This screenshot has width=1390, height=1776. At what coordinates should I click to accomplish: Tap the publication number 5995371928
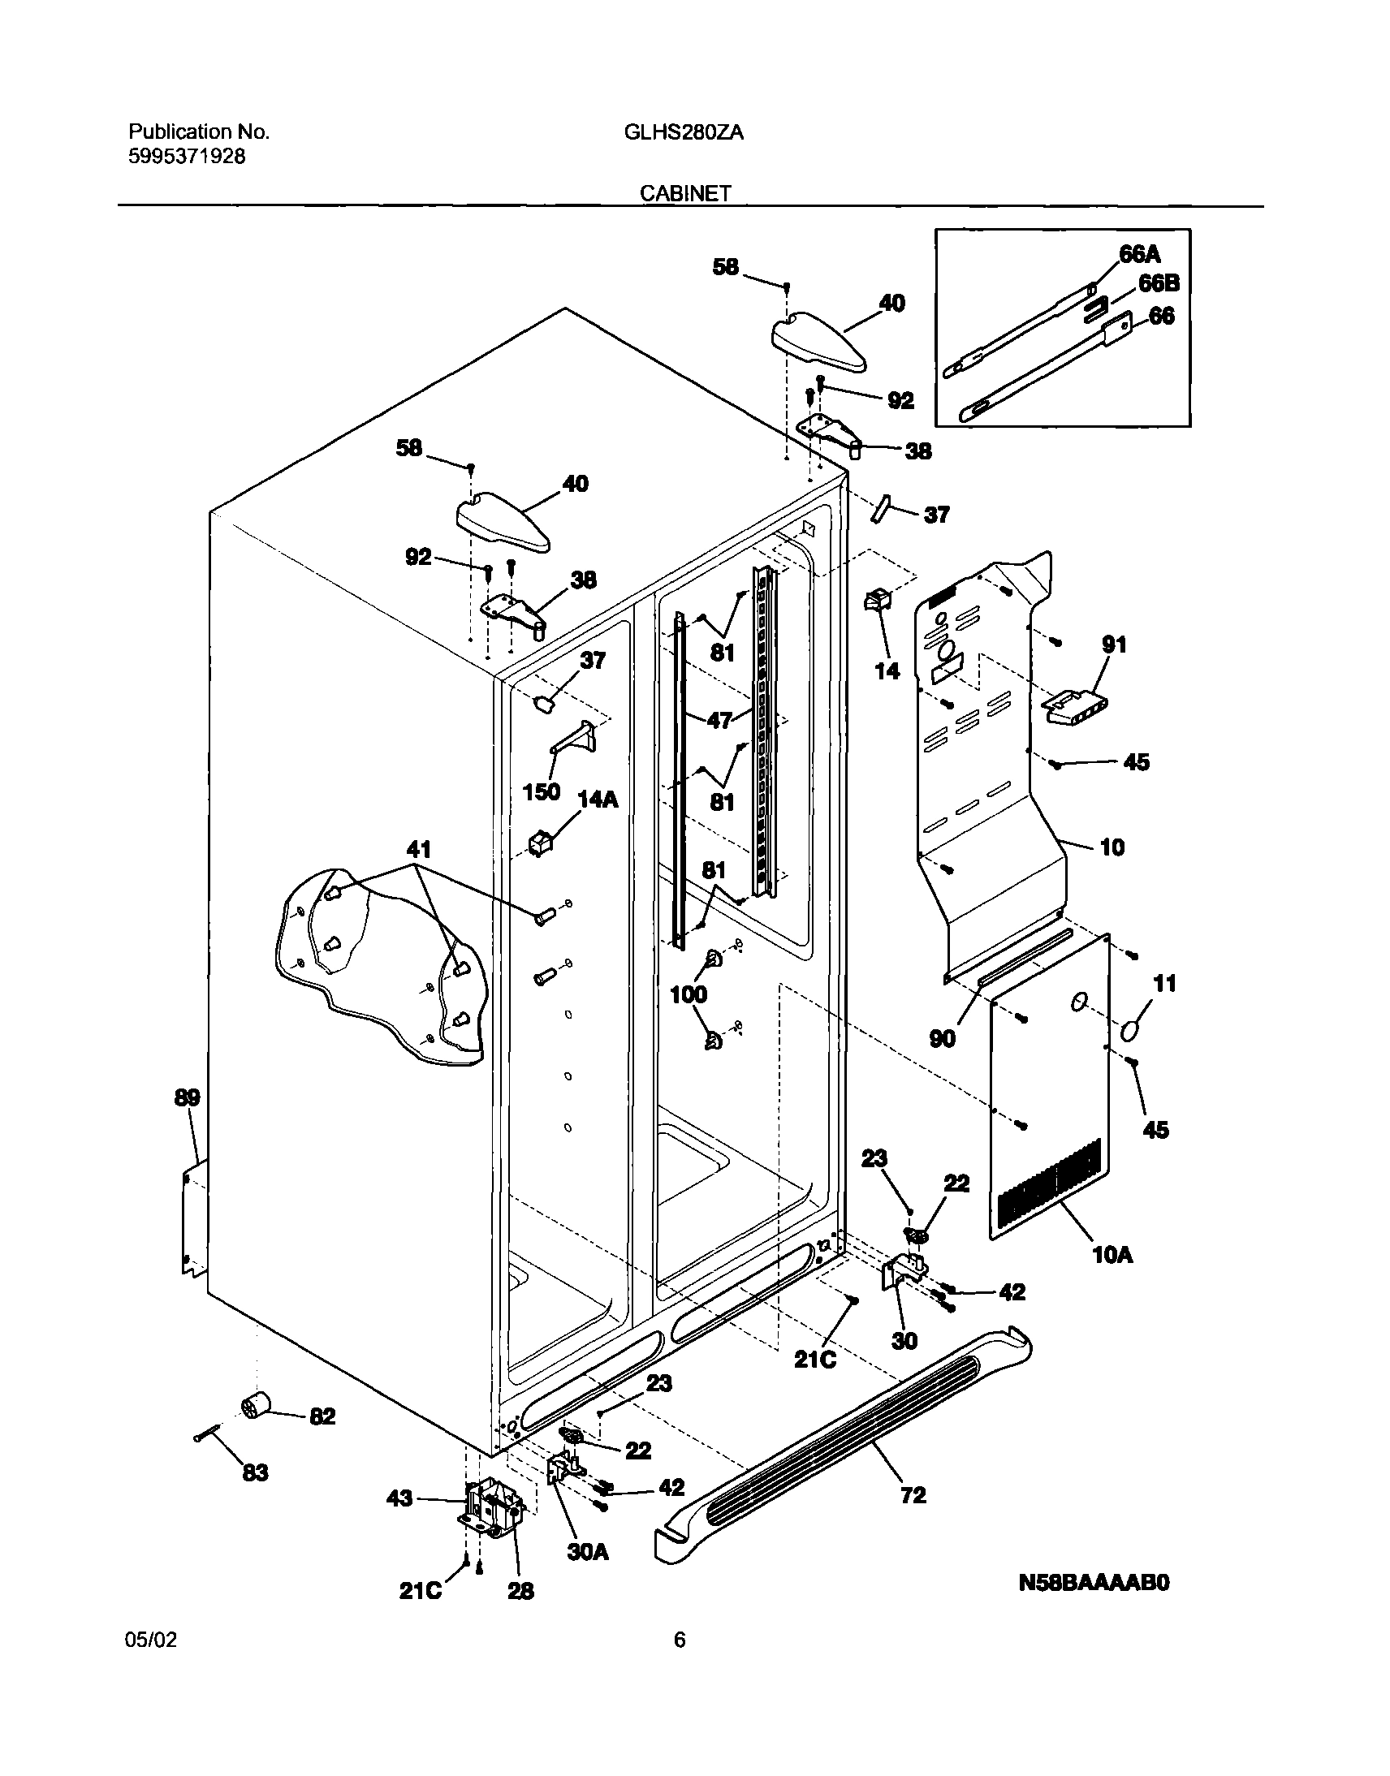click(187, 157)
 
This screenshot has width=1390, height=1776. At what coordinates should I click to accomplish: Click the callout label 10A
click(1112, 1255)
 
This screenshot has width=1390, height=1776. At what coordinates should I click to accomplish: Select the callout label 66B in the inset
click(1159, 283)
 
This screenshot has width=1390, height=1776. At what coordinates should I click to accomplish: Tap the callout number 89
click(188, 1097)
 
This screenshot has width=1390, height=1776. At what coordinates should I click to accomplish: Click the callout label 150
click(542, 791)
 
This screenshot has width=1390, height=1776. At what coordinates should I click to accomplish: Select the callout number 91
click(1114, 644)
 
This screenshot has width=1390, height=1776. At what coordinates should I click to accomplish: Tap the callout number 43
click(399, 1498)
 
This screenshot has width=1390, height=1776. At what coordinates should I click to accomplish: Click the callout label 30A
click(588, 1552)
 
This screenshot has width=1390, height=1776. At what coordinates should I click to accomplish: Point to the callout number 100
click(689, 994)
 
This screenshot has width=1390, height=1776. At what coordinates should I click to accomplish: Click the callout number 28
click(520, 1591)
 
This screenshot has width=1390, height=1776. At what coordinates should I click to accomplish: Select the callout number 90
click(943, 1038)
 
